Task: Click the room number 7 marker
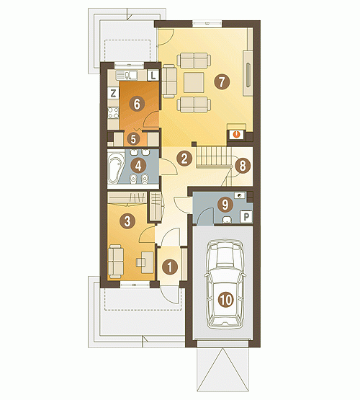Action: (x=222, y=82)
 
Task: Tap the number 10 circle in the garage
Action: (x=226, y=300)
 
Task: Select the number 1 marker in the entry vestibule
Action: (x=170, y=267)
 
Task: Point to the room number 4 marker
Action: (x=138, y=166)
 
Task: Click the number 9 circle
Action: (x=225, y=205)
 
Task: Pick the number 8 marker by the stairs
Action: (x=243, y=166)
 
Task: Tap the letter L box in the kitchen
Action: (x=153, y=75)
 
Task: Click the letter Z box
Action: (x=113, y=93)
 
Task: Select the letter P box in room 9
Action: (x=246, y=217)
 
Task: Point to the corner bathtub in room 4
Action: (x=116, y=166)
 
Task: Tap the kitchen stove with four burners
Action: (x=113, y=112)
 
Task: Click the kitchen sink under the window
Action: (x=127, y=75)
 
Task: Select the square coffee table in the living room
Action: (x=194, y=82)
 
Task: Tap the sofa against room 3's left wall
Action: (x=115, y=262)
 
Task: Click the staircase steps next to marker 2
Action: (x=212, y=157)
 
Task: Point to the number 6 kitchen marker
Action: (x=137, y=104)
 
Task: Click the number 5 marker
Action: (x=133, y=139)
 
